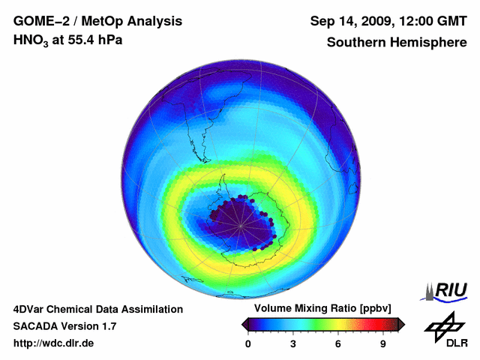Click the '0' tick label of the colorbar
248,343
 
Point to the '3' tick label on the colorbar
293,343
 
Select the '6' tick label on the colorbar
338,343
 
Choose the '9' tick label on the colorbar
383,343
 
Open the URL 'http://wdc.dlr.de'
53,343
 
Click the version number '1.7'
107,326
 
